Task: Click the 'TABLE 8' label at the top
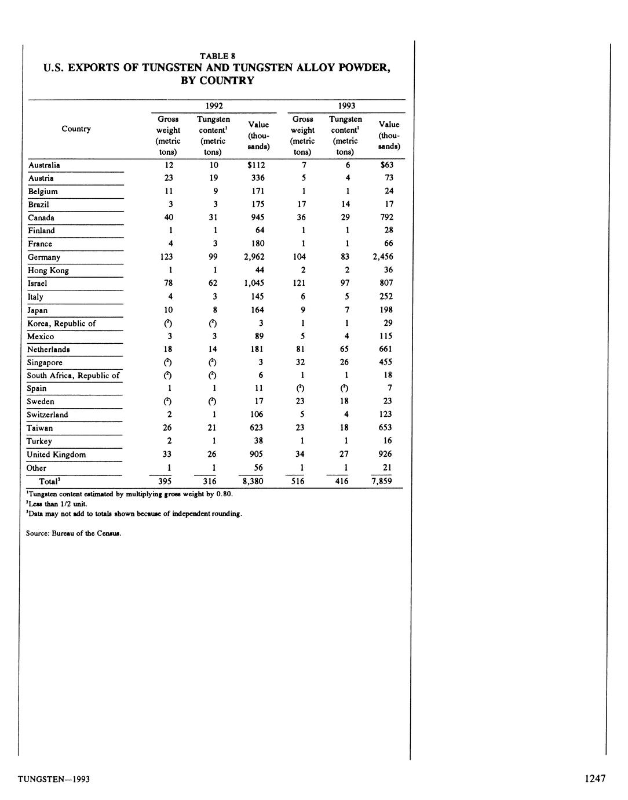tap(217, 56)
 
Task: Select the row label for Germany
tap(44, 257)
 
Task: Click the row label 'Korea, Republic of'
tap(61, 323)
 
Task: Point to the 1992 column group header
tap(214, 106)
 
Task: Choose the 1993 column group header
tap(346, 106)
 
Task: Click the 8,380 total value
tap(253, 481)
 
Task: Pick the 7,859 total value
tap(382, 481)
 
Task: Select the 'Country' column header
tap(76, 129)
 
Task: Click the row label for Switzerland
tap(48, 415)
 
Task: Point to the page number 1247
tap(595, 779)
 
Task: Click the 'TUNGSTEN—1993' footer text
tap(53, 779)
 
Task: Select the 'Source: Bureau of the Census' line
tap(74, 534)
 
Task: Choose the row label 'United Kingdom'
tap(56, 454)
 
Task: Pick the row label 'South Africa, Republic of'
tap(73, 376)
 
